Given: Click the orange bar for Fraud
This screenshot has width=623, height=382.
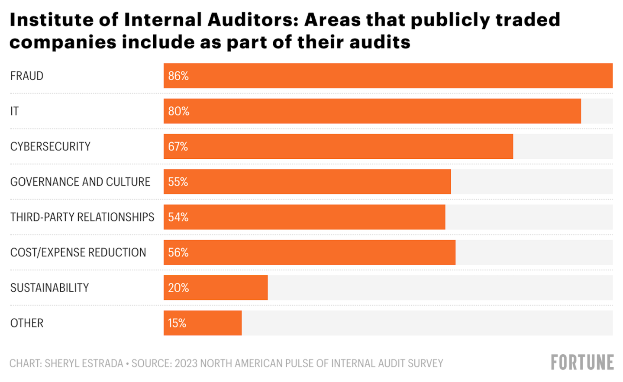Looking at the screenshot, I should point(387,76).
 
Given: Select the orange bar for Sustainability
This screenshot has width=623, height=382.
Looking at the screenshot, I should point(215,288).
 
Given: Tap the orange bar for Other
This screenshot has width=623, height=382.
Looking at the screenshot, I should point(202,323).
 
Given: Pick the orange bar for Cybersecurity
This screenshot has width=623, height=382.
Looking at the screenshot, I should point(338,147).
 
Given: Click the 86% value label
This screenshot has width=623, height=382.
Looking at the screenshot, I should point(178,76).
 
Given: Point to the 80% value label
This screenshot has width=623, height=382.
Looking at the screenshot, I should point(179,112).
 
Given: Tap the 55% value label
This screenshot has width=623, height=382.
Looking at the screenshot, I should point(178,182).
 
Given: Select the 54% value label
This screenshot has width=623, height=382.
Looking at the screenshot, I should point(178,217).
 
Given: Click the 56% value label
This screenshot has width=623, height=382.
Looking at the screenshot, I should point(178,253).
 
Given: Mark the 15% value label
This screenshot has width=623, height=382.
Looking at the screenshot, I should point(177,323).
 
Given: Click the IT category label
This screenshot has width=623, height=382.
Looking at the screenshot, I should point(15,112).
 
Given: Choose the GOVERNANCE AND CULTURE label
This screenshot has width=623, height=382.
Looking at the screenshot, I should point(80,182).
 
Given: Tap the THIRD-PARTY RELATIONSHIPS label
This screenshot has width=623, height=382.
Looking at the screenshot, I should point(82,217).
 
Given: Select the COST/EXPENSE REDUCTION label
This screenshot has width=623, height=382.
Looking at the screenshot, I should point(78,253).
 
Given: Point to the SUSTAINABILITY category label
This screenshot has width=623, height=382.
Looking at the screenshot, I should point(49,288).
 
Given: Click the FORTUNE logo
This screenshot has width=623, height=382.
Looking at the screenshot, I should point(582,363).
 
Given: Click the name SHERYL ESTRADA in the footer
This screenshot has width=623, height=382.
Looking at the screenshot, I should point(84,363).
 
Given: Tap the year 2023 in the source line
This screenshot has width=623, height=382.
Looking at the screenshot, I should point(186,363).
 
